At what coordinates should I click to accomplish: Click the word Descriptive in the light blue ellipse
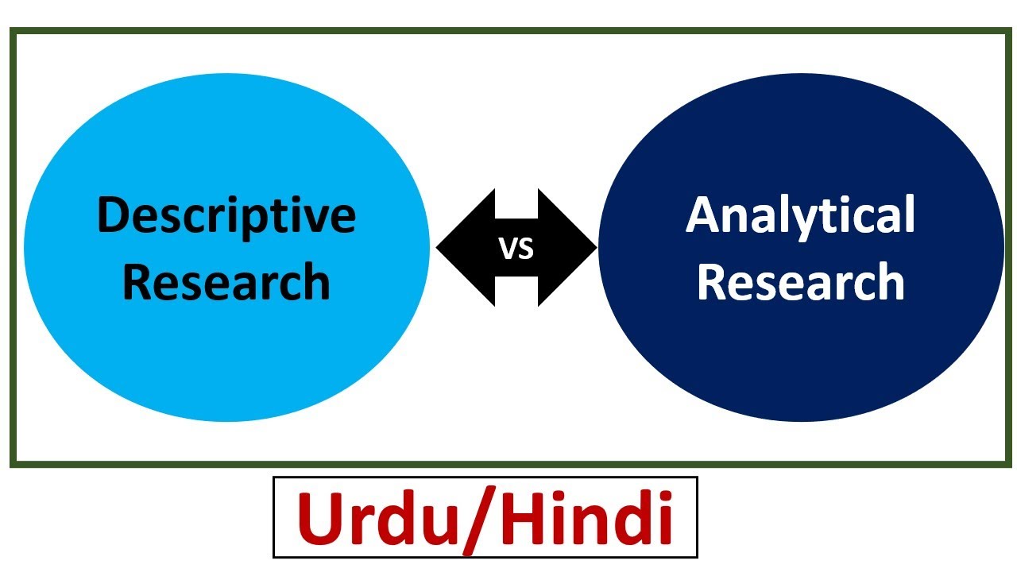(x=226, y=215)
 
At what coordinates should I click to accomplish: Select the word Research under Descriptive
(x=226, y=282)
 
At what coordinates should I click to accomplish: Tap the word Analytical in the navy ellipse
(x=800, y=215)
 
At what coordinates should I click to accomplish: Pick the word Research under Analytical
(x=800, y=282)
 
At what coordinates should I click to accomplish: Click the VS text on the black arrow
(x=516, y=249)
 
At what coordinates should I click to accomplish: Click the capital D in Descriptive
(x=112, y=215)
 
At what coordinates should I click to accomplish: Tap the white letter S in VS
(x=526, y=249)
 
